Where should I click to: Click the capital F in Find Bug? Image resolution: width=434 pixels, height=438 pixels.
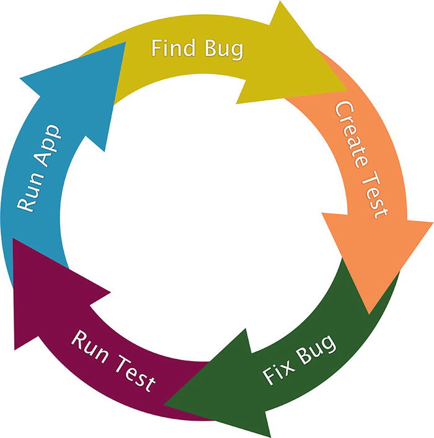tap(156, 48)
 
